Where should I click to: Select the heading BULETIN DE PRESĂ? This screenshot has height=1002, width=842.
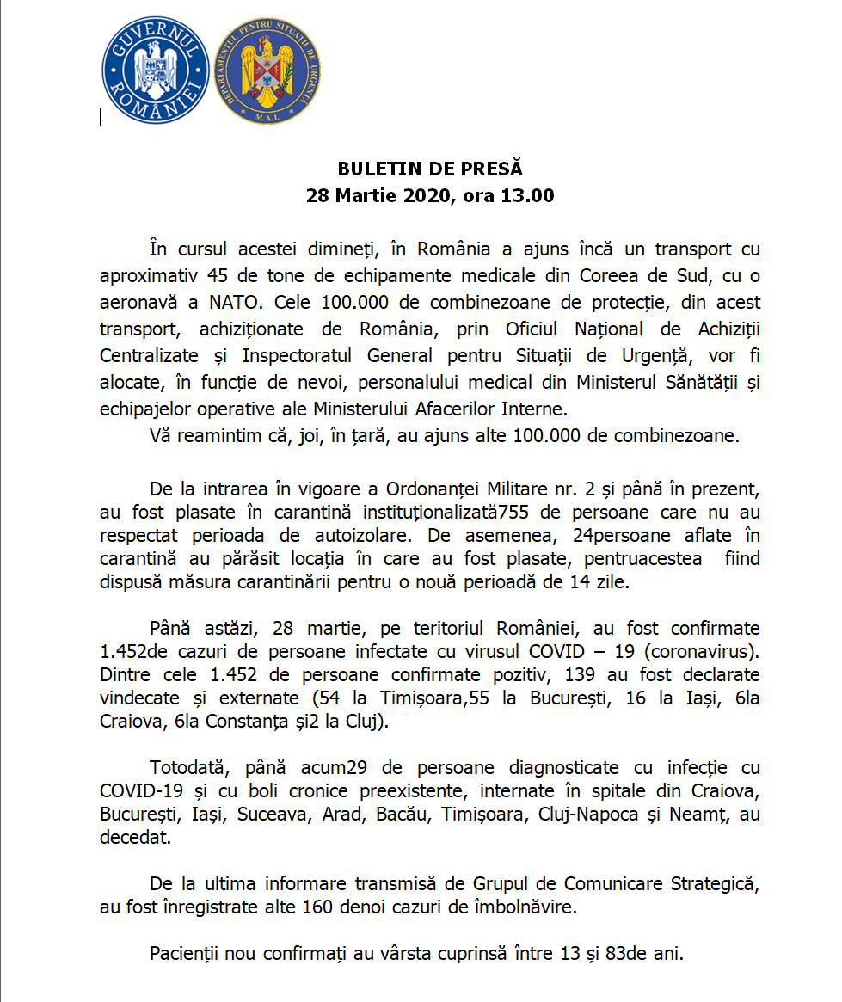tap(430, 169)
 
